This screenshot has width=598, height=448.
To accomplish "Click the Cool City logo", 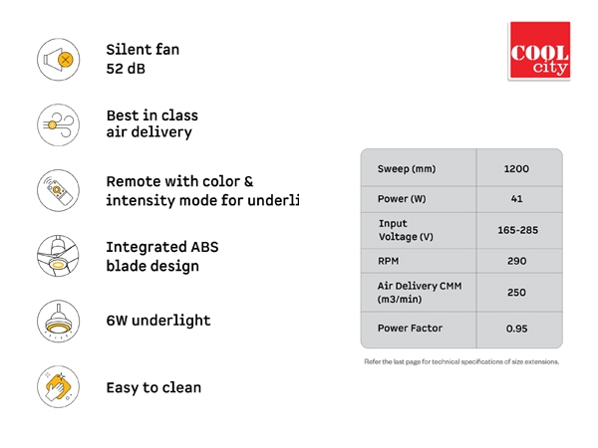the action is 539,51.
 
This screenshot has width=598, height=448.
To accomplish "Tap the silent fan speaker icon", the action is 59,60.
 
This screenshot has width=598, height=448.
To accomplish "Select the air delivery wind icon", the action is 59,125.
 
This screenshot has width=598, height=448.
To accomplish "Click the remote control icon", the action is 59,190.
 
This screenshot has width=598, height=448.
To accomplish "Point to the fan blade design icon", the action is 59,256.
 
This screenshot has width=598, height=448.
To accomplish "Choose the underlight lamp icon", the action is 59,322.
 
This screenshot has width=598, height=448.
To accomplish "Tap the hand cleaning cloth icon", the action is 59,386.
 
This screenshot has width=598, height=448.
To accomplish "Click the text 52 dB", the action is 126,69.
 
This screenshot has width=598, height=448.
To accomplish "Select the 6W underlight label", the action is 158,321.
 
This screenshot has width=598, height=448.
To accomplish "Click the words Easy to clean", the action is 153,387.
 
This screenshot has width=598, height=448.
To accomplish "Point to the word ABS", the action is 204,247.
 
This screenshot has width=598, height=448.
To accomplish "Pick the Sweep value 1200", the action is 516,169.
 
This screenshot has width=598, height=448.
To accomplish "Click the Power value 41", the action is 516,199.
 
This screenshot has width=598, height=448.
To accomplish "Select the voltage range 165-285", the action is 517,230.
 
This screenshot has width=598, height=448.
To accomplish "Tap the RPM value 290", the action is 516,261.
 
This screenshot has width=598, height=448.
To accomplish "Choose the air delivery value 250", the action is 516,292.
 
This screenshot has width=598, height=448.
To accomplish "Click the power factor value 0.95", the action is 516,329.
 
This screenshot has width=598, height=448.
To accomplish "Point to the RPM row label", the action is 389,261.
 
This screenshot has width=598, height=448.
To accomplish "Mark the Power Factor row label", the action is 410,328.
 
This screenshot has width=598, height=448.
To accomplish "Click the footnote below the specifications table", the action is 461,361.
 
